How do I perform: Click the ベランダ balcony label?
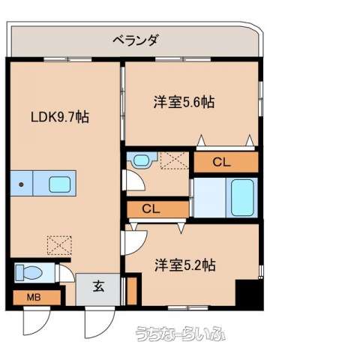[136, 40]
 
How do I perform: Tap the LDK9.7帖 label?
[60, 117]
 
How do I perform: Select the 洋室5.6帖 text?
[184, 102]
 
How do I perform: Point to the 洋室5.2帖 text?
[185, 265]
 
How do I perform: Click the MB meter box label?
[34, 298]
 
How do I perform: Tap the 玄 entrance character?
[98, 286]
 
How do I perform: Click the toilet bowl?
[28, 272]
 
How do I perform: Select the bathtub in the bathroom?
[242, 198]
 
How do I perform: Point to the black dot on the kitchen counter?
[21, 184]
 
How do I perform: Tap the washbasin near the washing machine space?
[142, 160]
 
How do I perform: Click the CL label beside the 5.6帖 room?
[221, 163]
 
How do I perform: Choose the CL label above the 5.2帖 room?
[151, 209]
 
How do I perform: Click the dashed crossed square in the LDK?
[59, 245]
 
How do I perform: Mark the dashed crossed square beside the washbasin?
[175, 160]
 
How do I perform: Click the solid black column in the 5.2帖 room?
[249, 294]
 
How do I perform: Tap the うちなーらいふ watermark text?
[180, 334]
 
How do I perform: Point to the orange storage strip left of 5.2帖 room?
[132, 291]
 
